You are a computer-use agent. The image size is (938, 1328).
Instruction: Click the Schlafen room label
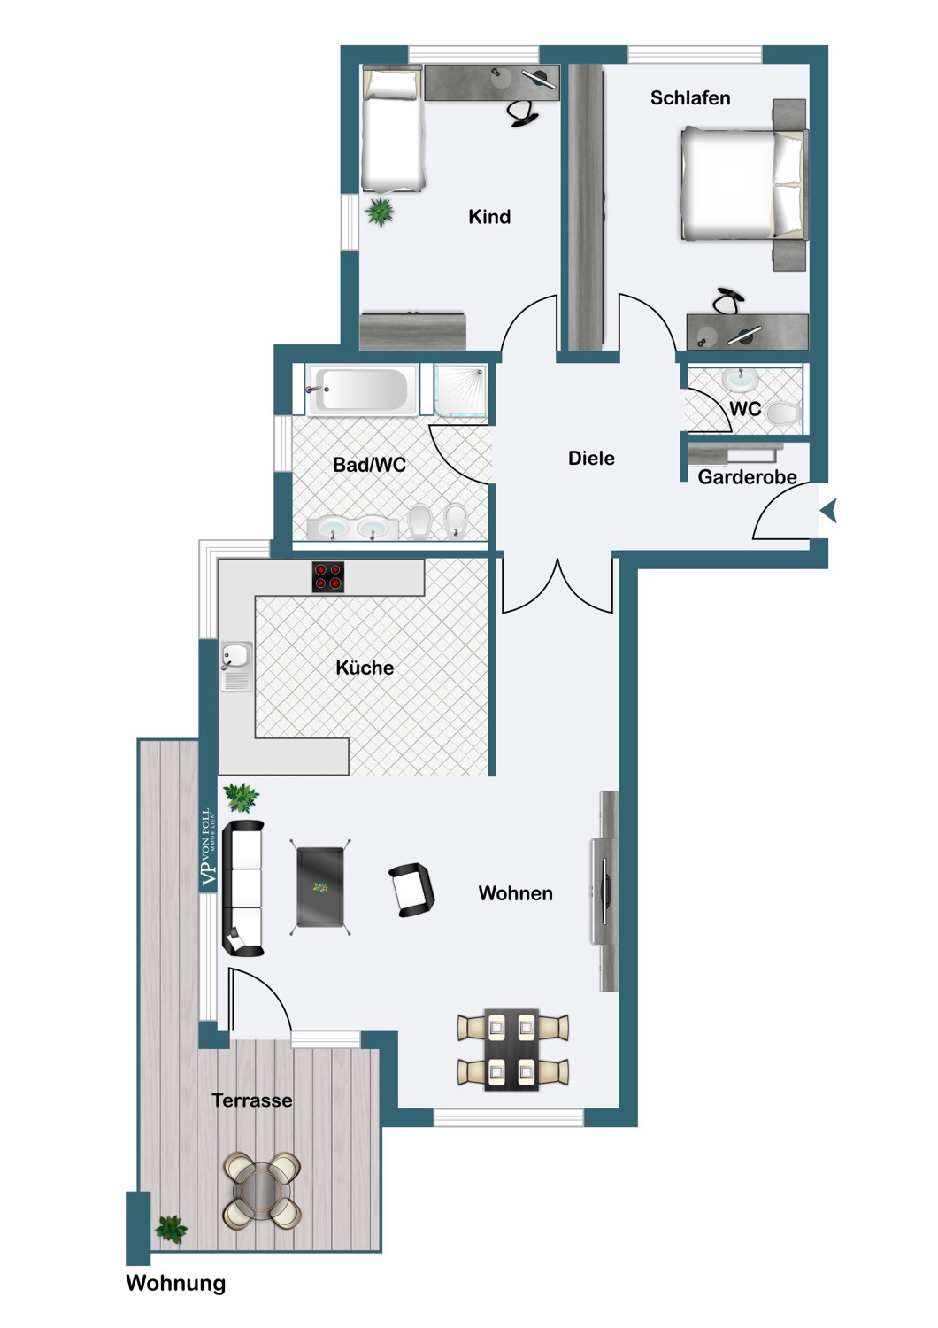(689, 97)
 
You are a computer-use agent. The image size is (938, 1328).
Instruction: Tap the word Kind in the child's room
(488, 216)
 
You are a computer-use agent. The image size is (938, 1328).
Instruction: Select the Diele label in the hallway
(591, 458)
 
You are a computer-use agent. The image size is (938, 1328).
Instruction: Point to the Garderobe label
(747, 476)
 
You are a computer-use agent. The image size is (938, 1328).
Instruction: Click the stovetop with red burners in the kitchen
(327, 576)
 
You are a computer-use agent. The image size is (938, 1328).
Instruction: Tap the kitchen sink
(236, 667)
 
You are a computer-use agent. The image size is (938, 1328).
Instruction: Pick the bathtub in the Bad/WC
(361, 390)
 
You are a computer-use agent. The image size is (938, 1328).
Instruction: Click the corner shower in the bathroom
(460, 390)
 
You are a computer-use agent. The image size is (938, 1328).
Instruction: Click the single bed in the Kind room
(393, 127)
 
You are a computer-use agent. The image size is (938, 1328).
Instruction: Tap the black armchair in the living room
(411, 890)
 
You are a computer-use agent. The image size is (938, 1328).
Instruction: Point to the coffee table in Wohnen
(320, 887)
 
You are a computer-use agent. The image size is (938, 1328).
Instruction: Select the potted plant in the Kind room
(380, 212)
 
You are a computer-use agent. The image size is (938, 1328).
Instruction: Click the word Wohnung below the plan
(176, 1284)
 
